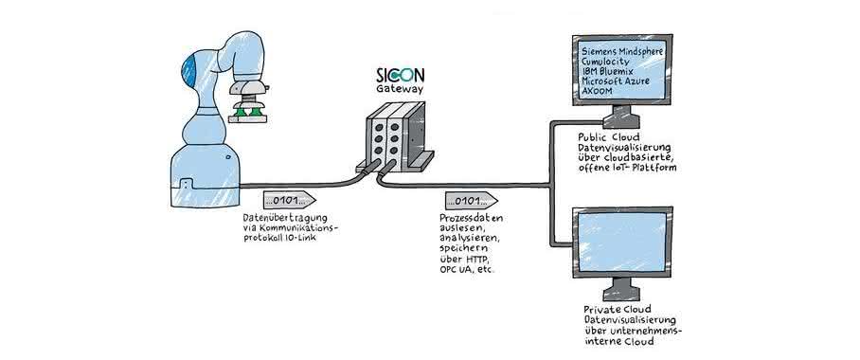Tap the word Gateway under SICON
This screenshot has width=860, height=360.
[400, 89]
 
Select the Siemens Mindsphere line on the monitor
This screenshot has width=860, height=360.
[622, 51]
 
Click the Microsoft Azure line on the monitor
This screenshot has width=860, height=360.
[616, 81]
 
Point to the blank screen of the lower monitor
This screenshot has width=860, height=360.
[621, 243]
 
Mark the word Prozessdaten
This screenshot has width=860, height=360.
[471, 219]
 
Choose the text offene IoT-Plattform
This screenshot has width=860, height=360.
[627, 168]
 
